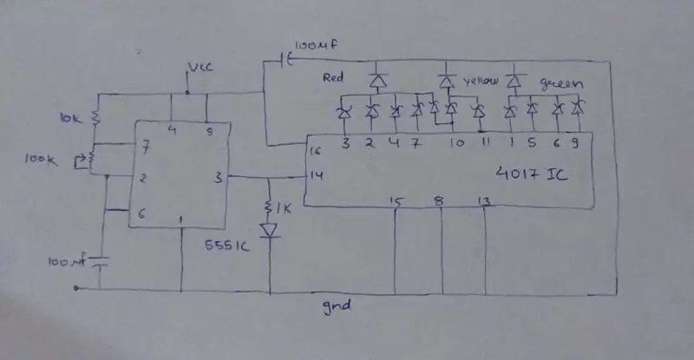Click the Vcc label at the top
click(x=199, y=68)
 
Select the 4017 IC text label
click(x=534, y=173)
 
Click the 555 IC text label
click(x=228, y=245)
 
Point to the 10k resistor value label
click(x=69, y=117)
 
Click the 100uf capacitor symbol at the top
click(x=285, y=60)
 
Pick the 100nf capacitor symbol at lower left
click(x=102, y=261)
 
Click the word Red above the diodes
click(x=333, y=78)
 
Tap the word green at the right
click(x=560, y=84)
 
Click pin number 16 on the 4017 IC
click(x=314, y=151)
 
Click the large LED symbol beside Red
click(x=377, y=82)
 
